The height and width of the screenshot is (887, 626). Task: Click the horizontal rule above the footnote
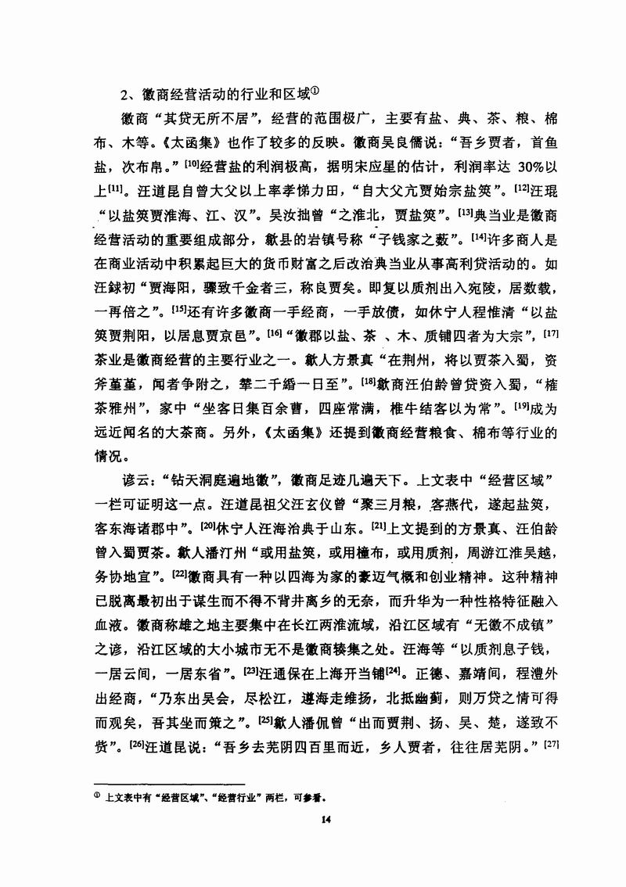point(169,783)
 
